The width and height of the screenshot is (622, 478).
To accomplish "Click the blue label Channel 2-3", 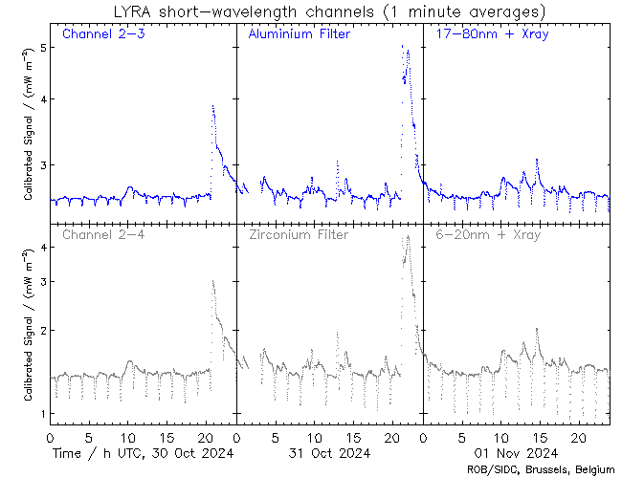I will [103, 34].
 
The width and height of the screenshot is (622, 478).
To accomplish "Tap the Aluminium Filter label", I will [299, 34].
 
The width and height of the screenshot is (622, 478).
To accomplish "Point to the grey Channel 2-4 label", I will [103, 233].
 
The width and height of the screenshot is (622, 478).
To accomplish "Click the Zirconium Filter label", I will [298, 233].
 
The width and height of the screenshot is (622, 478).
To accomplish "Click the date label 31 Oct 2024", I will [329, 451].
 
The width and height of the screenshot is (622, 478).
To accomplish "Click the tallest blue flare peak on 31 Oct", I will [403, 46].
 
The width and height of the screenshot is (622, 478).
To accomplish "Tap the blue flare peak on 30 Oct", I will [212, 106].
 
